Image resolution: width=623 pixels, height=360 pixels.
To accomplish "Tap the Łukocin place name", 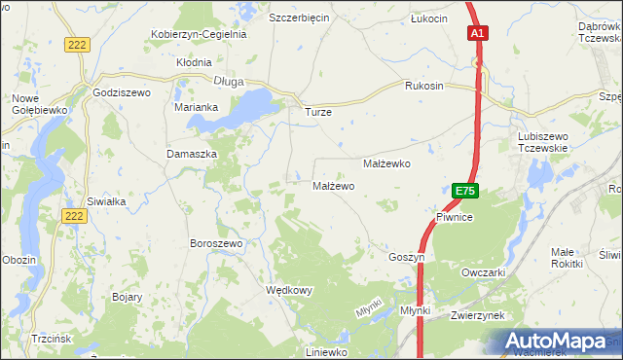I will [428, 18].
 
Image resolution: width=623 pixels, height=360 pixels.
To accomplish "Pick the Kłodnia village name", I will [194, 60].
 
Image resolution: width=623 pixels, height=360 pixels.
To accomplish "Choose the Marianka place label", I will [195, 107].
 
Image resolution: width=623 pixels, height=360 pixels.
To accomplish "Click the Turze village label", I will [318, 112].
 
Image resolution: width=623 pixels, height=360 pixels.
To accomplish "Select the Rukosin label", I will [424, 86].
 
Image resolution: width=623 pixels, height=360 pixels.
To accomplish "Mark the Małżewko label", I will [386, 164].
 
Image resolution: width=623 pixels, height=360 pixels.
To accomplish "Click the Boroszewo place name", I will [215, 243].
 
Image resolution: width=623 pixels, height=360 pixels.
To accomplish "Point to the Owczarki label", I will [484, 273].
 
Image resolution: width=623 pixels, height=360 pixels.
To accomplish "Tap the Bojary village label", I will [128, 297].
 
